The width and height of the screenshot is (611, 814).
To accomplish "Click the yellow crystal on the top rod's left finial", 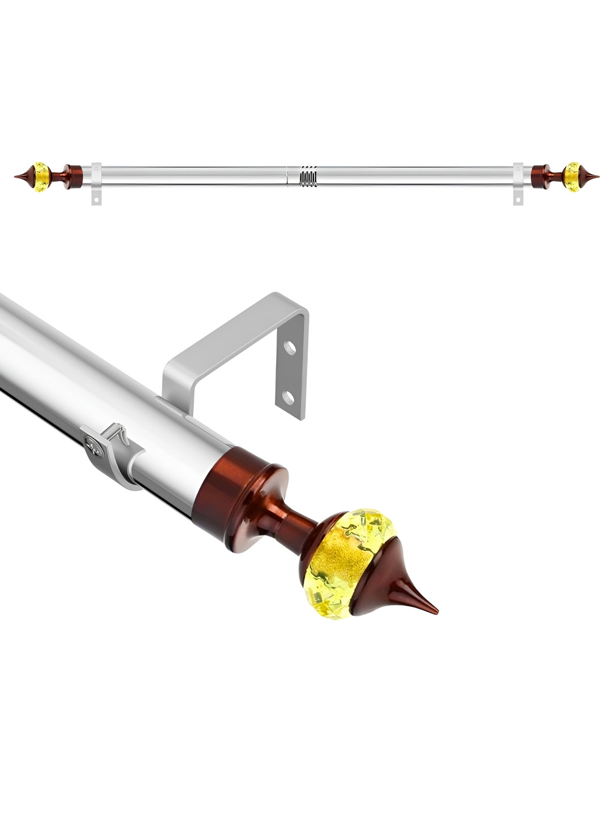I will click(41, 177).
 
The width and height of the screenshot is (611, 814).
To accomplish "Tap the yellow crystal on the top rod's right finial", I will click(573, 177).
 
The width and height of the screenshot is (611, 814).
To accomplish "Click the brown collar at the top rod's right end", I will click(541, 176).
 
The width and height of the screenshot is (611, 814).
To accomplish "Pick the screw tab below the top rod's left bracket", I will click(96, 198).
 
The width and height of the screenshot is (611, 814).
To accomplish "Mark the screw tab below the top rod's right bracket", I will click(518, 198).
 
